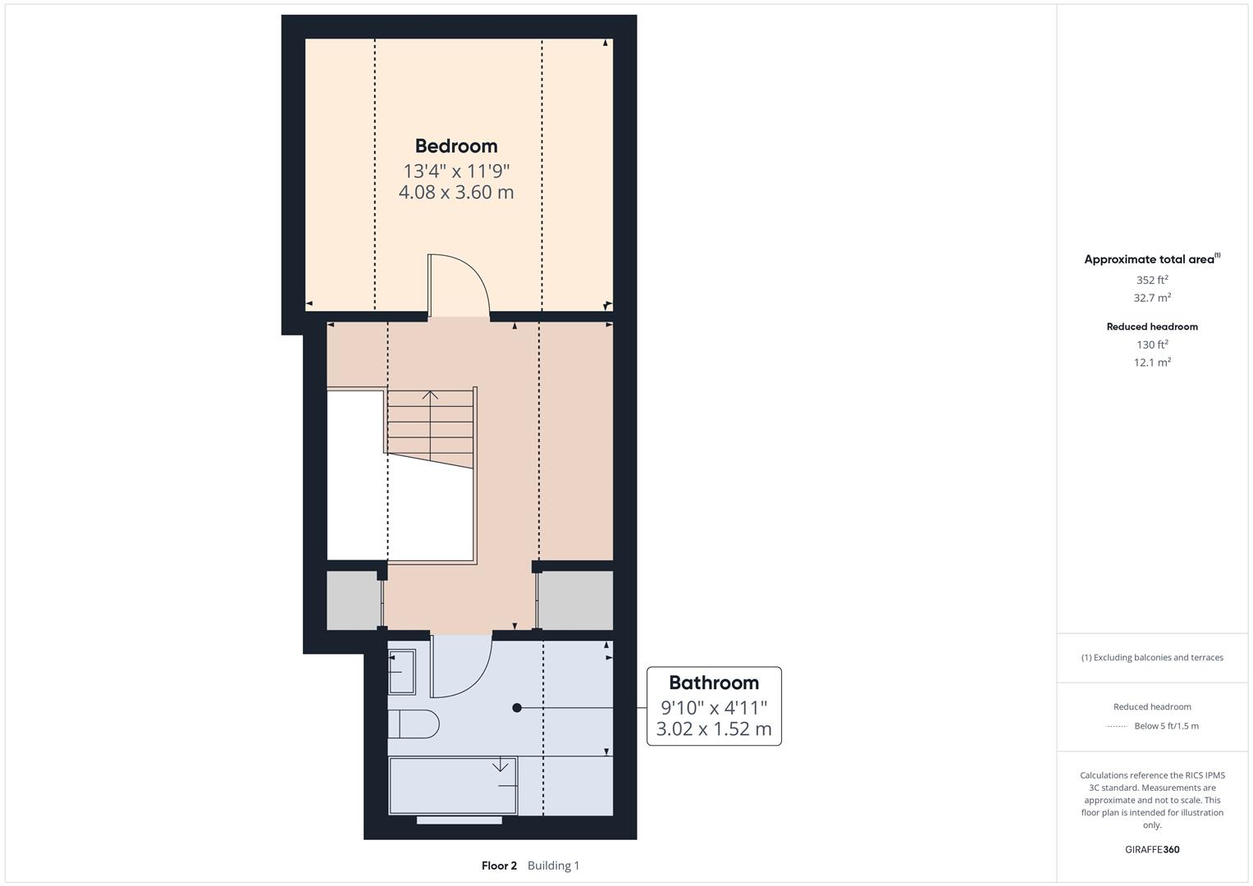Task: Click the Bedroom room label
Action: point(456,146)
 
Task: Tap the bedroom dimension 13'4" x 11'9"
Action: point(456,171)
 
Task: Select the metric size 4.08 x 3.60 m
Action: point(456,192)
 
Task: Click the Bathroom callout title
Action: point(714,683)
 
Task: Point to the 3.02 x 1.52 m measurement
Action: point(714,728)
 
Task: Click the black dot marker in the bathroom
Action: point(517,707)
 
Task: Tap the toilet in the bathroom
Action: point(414,724)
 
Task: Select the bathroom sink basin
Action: point(402,671)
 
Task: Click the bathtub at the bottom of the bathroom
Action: point(453,786)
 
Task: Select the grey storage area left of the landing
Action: point(354,601)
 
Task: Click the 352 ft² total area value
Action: point(1152,280)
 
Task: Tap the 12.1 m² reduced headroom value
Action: point(1152,363)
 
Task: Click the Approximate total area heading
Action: point(1150,259)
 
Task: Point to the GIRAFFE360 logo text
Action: point(1152,849)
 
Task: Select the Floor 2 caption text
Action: point(499,865)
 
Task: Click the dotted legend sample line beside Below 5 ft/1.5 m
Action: point(1117,726)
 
